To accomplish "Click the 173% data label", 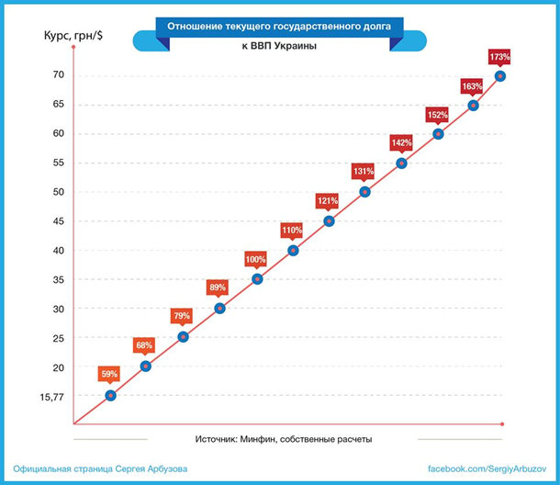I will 499,57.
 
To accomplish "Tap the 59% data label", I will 110,374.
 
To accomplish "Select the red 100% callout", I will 256,259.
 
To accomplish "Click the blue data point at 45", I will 329,221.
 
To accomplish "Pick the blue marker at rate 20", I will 146,367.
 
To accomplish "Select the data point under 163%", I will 474,106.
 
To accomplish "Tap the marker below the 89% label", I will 219,308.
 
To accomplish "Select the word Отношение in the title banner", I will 198,26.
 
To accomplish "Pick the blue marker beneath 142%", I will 401,164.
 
